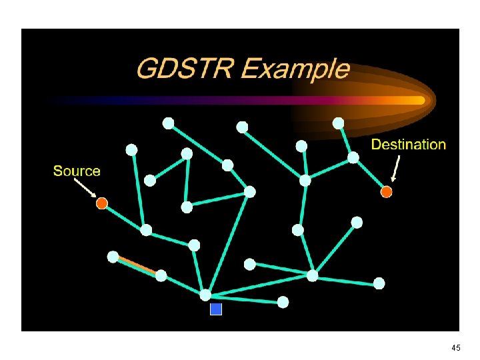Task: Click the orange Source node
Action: click(101, 203)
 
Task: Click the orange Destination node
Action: click(386, 192)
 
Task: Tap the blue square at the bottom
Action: click(215, 309)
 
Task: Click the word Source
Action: click(77, 171)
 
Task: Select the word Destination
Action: click(408, 144)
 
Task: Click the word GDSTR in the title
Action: click(180, 69)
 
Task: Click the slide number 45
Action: click(456, 348)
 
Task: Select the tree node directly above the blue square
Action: click(206, 295)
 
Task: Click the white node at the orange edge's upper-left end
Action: click(113, 256)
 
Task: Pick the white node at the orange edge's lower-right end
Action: click(161, 275)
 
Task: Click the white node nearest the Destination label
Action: click(353, 157)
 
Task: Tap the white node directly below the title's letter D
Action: click(168, 123)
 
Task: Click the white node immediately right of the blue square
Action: click(283, 302)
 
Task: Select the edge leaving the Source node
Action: click(124, 217)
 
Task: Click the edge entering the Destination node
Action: click(370, 175)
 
